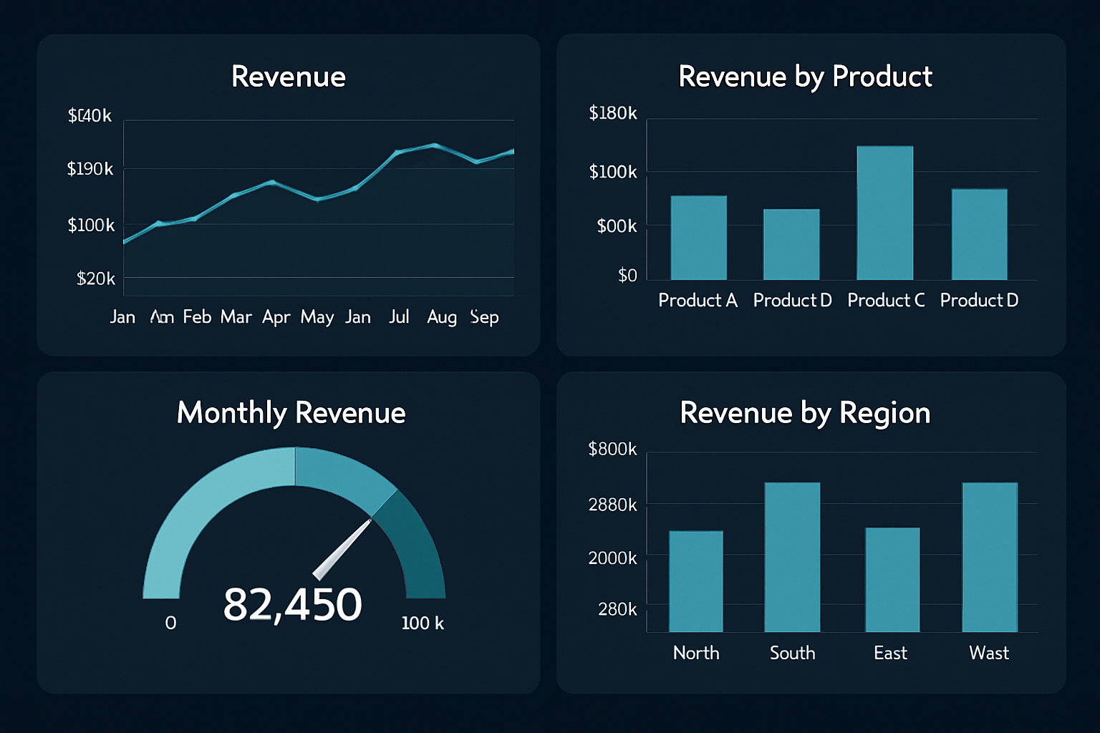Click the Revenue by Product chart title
805,77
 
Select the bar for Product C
884,213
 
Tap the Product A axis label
698,300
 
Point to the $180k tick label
612,113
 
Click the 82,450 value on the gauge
292,604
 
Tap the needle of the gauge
342,550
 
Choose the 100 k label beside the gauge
423,623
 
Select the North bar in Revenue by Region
695,581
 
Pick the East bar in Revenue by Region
892,580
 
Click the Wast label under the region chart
988,653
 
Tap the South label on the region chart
792,653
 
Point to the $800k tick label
612,449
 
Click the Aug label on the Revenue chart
441,317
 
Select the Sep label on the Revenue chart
484,317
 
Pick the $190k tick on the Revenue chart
90,169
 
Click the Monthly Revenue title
291,413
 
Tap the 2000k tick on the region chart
612,558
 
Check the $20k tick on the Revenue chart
96,278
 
